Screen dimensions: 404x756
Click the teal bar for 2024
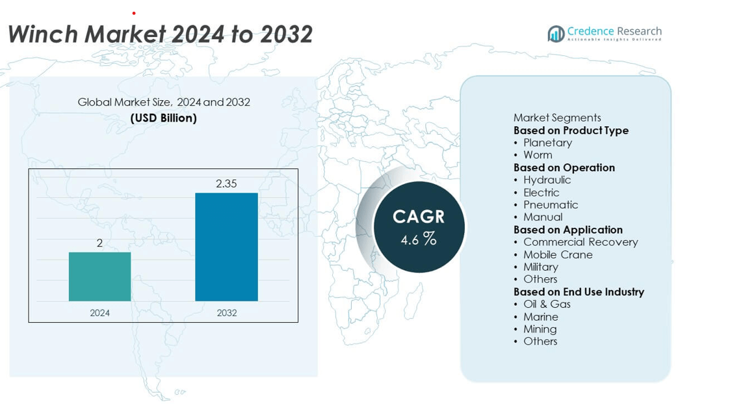click(99, 276)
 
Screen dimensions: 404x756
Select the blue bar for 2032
click(226, 247)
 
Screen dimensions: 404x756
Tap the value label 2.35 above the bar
click(226, 184)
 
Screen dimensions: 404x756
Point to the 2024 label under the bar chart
click(99, 313)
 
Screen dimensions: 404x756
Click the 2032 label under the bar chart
click(226, 313)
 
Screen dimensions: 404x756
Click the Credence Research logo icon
click(556, 34)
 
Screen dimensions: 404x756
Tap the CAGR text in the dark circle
click(419, 217)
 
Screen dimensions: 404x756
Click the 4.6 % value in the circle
click(419, 239)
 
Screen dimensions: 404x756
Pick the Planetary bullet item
click(547, 142)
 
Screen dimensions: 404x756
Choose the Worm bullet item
click(538, 155)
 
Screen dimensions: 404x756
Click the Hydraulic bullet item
click(547, 180)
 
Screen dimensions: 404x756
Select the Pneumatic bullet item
click(551, 204)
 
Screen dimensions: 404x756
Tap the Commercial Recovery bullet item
click(580, 242)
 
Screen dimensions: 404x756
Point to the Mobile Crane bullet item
click(558, 254)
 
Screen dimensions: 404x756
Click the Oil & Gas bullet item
click(547, 304)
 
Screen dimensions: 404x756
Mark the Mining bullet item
click(540, 329)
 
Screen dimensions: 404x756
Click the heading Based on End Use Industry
click(579, 291)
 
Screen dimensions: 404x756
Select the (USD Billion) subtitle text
click(164, 118)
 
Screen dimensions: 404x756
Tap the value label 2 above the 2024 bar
click(99, 243)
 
